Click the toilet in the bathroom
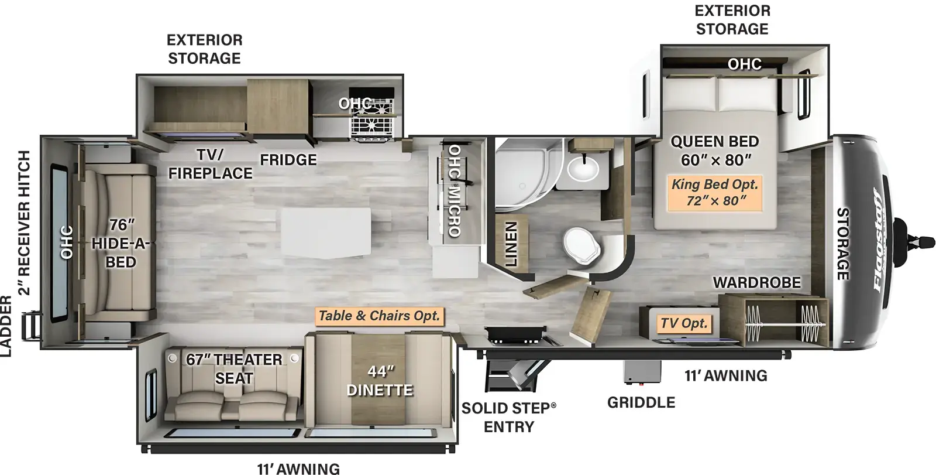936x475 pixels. tap(582, 245)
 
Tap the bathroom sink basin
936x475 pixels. tap(583, 168)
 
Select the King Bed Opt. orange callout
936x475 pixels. tap(714, 193)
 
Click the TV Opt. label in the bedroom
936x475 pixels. tap(684, 323)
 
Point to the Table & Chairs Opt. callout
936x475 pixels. tap(380, 316)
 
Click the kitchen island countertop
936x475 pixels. tap(326, 233)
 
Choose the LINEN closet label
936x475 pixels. tap(511, 244)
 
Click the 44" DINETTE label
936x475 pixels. tap(380, 381)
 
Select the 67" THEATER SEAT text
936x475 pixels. tap(234, 369)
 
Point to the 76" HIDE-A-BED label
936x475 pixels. tap(119, 244)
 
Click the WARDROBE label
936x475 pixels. tap(757, 283)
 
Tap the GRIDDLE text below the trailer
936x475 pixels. tap(641, 402)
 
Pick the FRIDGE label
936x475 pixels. tap(288, 160)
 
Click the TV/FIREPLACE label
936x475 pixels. tap(210, 164)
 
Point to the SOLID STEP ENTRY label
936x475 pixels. tap(508, 417)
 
